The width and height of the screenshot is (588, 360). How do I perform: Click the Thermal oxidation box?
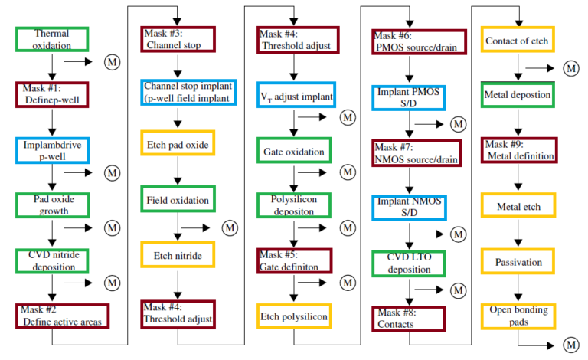52,39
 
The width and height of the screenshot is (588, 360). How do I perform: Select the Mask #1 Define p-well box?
52,95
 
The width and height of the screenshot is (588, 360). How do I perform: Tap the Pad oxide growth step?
53,205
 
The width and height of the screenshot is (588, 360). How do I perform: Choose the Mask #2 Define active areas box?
63,316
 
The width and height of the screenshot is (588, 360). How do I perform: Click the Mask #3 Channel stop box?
178,39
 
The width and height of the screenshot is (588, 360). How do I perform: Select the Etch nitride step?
178,254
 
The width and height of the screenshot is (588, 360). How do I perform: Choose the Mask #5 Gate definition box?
294,260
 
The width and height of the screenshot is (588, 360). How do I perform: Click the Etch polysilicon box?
294,316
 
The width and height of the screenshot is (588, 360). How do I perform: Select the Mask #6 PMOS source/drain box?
420,42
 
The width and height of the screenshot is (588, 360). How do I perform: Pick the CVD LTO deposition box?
409,264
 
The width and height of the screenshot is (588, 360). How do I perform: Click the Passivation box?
518,261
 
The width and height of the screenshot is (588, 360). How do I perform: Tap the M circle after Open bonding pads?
571,345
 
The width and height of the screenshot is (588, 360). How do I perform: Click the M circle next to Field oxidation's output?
230,228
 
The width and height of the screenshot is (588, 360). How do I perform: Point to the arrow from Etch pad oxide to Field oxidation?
178,171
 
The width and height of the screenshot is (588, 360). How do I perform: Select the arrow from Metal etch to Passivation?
518,233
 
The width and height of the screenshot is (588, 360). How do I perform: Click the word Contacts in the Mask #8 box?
396,324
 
